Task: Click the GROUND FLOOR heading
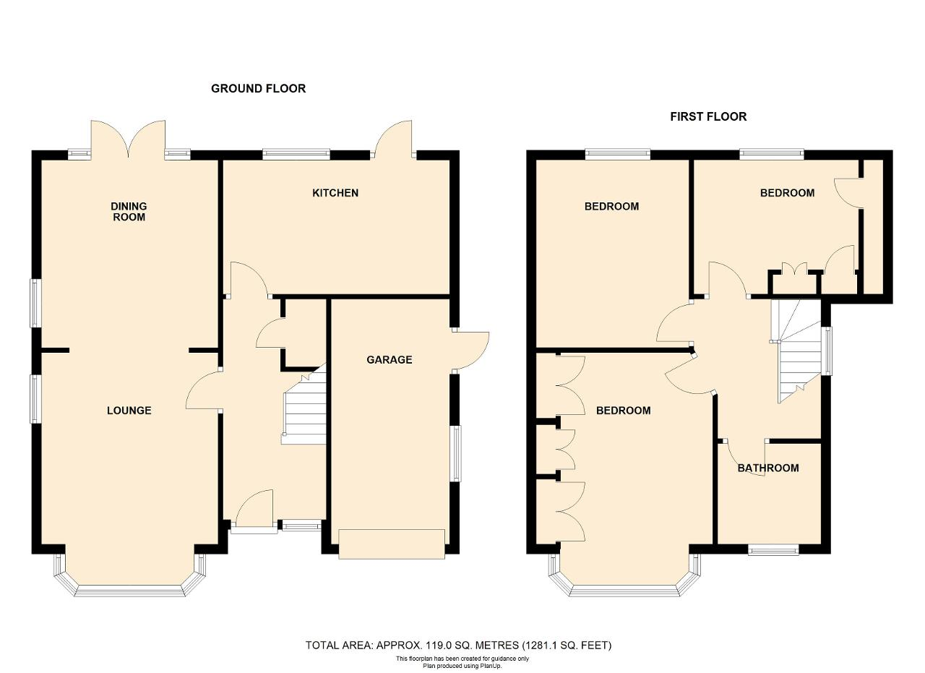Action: coord(259,88)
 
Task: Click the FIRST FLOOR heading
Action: coord(708,117)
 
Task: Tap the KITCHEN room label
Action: coord(335,193)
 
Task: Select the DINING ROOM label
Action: coord(129,212)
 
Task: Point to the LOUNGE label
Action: coord(129,411)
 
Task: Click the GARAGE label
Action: coord(390,360)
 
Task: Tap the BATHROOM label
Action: coord(768,468)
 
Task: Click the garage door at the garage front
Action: coord(392,544)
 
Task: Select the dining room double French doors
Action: coord(129,138)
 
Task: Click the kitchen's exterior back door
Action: coord(393,139)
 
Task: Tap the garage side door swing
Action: coord(470,351)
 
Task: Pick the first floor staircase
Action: coord(796,351)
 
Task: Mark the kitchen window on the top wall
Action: coord(296,155)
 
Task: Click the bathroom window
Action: coord(773,550)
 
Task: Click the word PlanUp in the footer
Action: coord(492,666)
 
